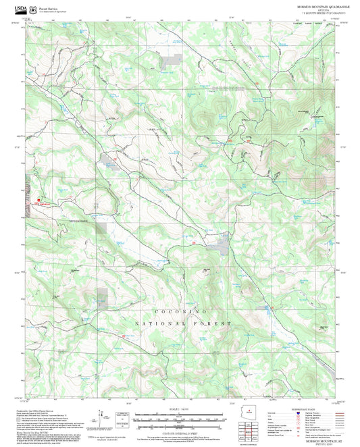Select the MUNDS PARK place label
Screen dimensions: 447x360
pos(79,221)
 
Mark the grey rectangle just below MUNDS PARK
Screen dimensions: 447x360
pos(101,228)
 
